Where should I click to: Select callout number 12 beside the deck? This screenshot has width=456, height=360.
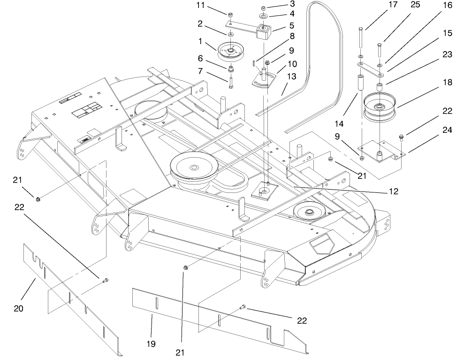(x=394, y=191)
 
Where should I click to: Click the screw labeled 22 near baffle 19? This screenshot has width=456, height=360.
(x=243, y=307)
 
